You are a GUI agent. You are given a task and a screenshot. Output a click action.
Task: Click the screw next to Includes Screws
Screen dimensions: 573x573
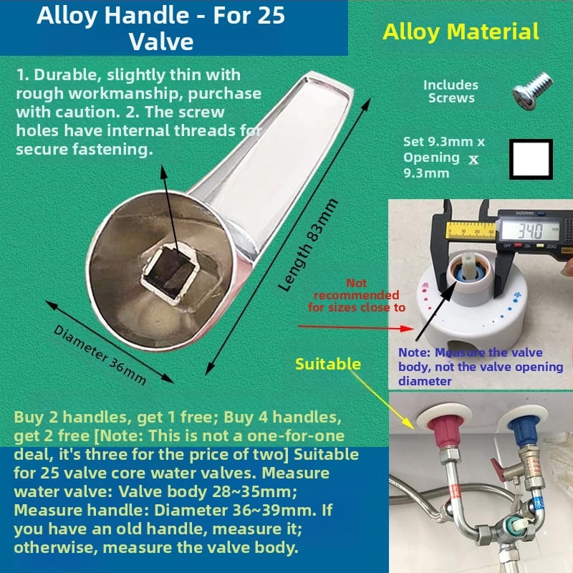click(533, 91)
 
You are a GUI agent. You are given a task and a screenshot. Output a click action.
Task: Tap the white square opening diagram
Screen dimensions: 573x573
click(531, 159)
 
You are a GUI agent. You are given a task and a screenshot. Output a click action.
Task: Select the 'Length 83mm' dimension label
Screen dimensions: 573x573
click(308, 245)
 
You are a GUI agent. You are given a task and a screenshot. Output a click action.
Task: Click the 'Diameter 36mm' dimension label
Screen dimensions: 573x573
click(100, 355)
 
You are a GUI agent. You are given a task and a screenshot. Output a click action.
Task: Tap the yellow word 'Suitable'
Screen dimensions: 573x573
click(328, 364)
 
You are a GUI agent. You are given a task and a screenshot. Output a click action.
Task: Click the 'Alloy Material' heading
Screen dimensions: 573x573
click(461, 32)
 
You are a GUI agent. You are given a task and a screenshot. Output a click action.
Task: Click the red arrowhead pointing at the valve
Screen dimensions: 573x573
click(407, 328)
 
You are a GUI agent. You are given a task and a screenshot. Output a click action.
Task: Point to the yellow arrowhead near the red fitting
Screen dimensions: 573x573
click(409, 423)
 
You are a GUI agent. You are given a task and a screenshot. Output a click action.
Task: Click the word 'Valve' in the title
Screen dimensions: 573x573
click(161, 42)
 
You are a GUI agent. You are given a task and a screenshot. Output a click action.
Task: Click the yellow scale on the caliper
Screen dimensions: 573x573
click(471, 230)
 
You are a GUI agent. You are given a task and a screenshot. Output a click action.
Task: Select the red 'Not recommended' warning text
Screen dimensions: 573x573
click(356, 295)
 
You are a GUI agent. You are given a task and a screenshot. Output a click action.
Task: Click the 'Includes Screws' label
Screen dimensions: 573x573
click(451, 92)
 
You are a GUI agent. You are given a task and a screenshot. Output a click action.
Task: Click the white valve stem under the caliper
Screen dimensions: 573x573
click(468, 263)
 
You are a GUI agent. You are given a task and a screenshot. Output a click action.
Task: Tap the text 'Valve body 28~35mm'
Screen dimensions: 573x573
click(207, 491)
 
